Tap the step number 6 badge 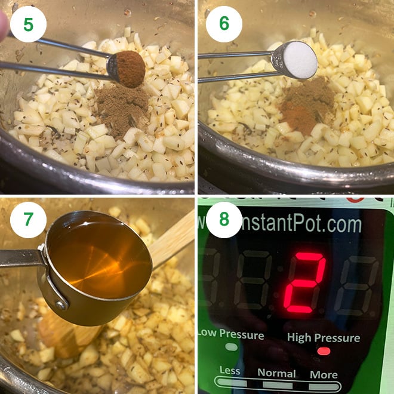click(x=224, y=24)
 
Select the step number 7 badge click(x=28, y=219)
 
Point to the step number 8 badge click(x=224, y=219)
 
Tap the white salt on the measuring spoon click(x=299, y=60)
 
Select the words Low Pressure click(x=230, y=334)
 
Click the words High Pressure click(x=324, y=337)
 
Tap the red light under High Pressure click(x=324, y=350)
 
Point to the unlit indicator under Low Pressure click(x=230, y=347)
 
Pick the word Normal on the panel click(x=276, y=373)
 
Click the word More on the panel click(x=323, y=375)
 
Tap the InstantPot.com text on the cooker click(x=298, y=225)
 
